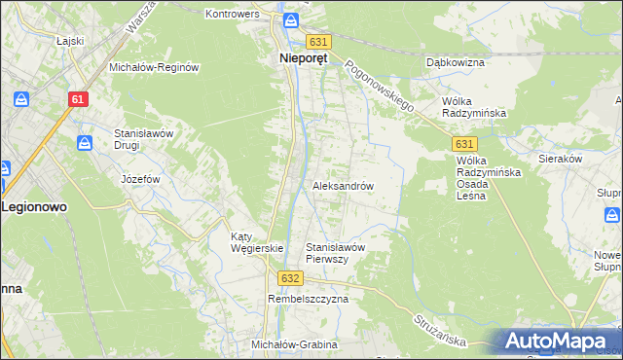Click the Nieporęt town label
click(x=297, y=57)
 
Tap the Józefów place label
click(x=139, y=180)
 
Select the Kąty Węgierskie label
click(x=256, y=242)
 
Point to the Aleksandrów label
click(x=343, y=185)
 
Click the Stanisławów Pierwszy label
click(x=335, y=253)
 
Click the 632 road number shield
click(x=289, y=277)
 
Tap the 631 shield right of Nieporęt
click(x=319, y=42)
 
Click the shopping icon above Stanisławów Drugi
click(x=85, y=144)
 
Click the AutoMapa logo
click(x=557, y=341)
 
